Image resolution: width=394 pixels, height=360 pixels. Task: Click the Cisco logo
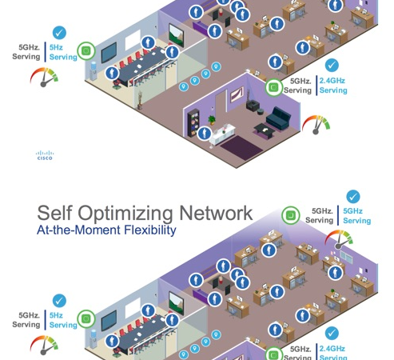click(x=45, y=155)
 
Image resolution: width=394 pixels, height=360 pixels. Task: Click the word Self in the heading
click(x=60, y=214)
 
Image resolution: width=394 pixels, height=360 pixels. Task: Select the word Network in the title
click(x=215, y=213)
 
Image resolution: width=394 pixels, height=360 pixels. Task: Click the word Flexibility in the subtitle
click(x=149, y=230)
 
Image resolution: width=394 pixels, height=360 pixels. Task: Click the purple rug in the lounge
click(x=238, y=145)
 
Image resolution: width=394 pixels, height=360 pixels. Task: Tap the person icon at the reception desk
click(x=205, y=134)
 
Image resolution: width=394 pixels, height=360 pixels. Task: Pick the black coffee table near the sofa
click(x=262, y=129)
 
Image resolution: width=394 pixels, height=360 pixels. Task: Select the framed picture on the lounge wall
click(x=237, y=96)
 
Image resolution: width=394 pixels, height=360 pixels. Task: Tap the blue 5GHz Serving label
click(x=356, y=215)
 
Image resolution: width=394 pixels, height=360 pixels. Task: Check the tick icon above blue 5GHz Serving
click(x=352, y=197)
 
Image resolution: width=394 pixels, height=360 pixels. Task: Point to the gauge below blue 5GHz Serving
click(x=338, y=239)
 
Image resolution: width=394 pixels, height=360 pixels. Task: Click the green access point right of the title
click(x=291, y=214)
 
